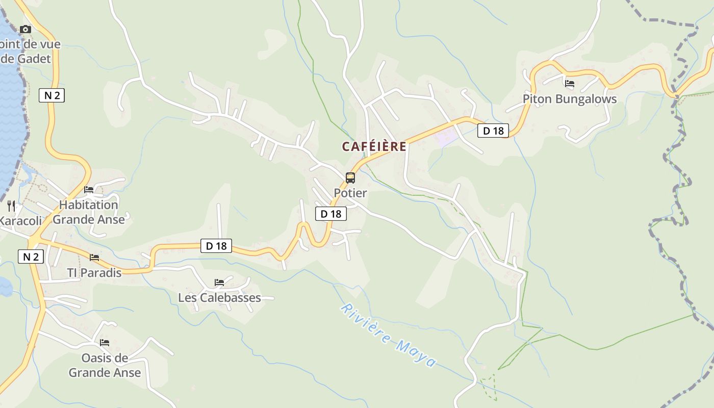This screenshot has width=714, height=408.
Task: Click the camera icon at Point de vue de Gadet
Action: (x=25, y=30)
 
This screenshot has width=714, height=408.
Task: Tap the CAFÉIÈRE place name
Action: (x=374, y=147)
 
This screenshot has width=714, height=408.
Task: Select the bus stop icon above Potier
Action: (x=350, y=178)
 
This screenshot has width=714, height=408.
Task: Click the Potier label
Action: (x=350, y=193)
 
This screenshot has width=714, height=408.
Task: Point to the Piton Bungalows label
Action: (x=570, y=99)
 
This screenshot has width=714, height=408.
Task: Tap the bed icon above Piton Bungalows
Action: (x=570, y=84)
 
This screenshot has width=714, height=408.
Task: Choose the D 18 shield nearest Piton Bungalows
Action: (x=493, y=131)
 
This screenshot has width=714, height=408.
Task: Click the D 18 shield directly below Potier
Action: (x=331, y=214)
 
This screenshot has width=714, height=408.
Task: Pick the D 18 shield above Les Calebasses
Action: (x=216, y=246)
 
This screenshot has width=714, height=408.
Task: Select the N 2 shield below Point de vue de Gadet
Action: (x=52, y=95)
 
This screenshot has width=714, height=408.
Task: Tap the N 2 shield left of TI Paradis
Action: (x=31, y=257)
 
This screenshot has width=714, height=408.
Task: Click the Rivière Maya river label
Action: (x=388, y=335)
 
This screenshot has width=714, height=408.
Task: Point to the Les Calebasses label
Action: (x=219, y=298)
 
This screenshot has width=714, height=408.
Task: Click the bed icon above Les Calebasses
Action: (x=219, y=282)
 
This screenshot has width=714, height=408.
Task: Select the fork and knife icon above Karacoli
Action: (x=11, y=206)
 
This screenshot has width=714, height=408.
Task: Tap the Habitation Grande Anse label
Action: (x=89, y=212)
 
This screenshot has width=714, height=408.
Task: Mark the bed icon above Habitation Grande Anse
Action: (x=89, y=190)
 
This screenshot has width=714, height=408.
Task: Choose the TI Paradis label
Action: (x=94, y=273)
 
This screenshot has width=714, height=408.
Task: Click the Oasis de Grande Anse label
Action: (x=105, y=365)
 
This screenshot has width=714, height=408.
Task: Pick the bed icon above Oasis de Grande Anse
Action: (x=105, y=342)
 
